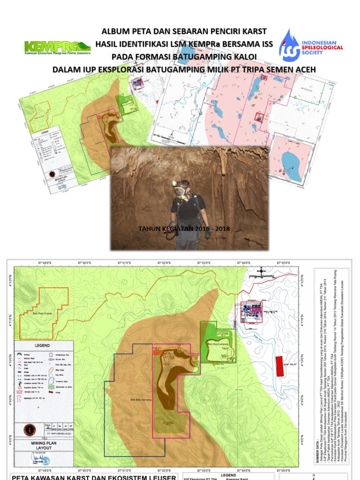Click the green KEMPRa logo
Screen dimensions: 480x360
click(x=57, y=48)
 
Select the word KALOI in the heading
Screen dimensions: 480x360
click(x=244, y=57)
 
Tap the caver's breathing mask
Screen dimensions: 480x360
click(x=180, y=191)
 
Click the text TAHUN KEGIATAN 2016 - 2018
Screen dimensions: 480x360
click(x=184, y=229)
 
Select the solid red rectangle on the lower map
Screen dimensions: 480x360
click(x=279, y=367)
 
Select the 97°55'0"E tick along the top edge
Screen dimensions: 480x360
click(x=284, y=263)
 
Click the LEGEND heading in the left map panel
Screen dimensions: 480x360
click(x=43, y=345)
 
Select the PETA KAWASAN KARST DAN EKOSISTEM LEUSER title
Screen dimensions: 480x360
click(x=94, y=477)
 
